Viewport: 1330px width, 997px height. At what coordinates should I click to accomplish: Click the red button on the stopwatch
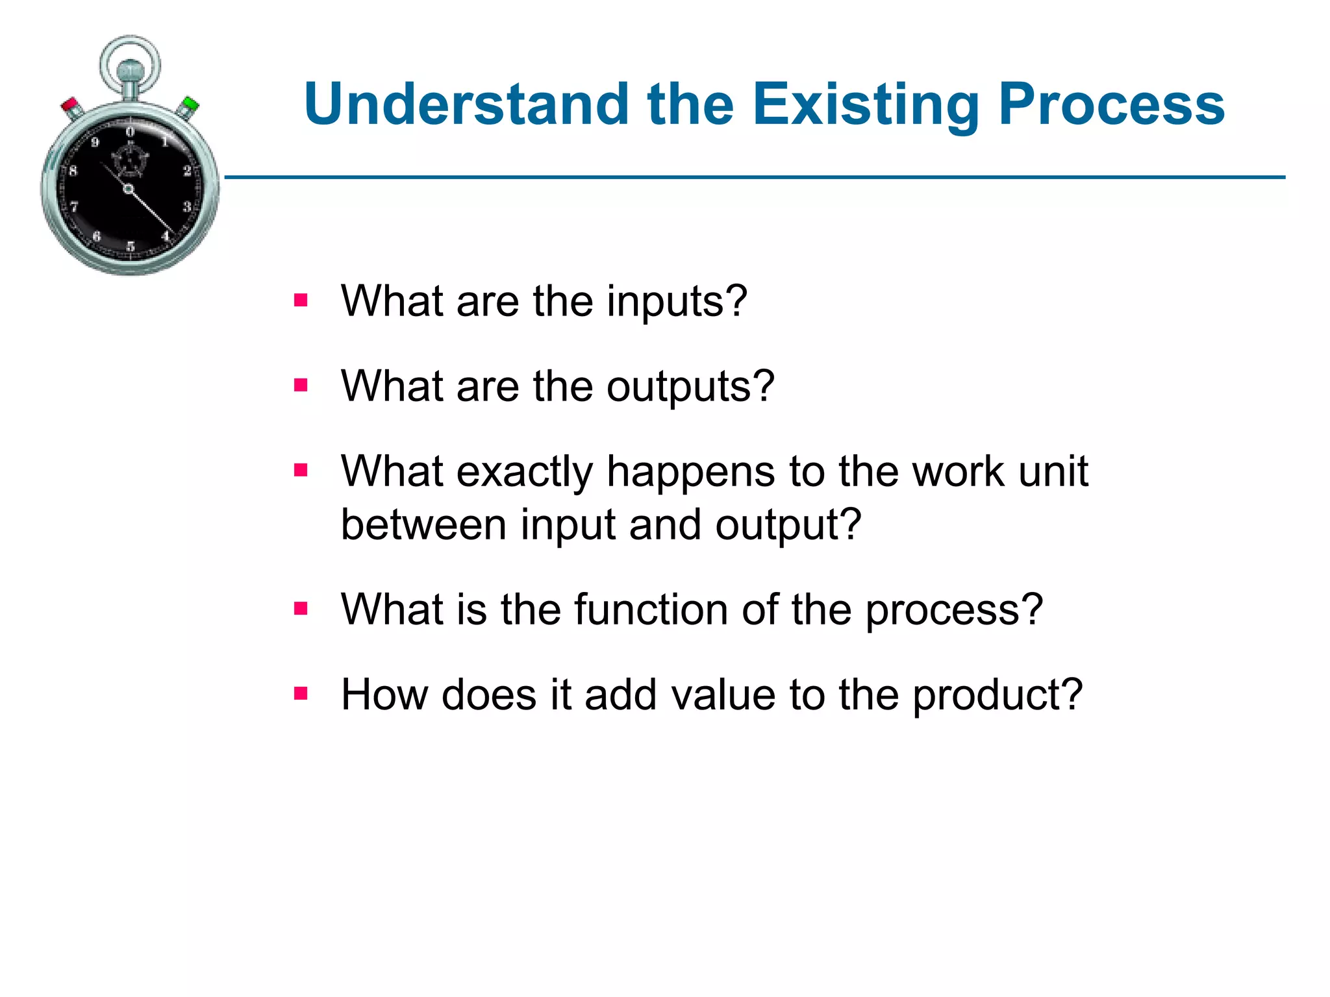(x=70, y=106)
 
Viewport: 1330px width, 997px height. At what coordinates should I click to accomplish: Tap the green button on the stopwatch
(x=190, y=105)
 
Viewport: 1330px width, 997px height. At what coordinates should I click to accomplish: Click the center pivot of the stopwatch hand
(x=129, y=189)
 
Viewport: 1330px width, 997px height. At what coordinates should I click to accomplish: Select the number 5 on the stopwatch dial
(x=131, y=246)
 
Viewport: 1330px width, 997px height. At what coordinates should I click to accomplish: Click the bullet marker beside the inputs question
(x=300, y=301)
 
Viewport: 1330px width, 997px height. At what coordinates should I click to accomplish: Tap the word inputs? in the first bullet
(x=677, y=301)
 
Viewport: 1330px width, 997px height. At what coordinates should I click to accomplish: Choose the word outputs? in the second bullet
(x=690, y=386)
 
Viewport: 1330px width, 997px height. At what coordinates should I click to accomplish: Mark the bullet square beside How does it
(x=300, y=694)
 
